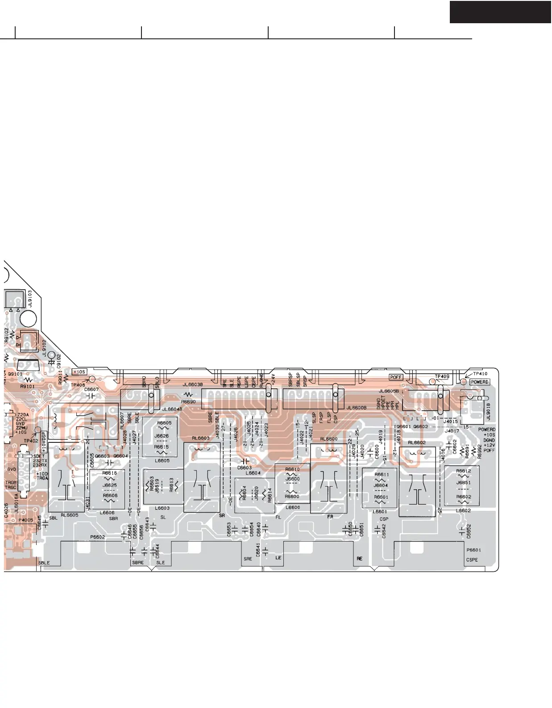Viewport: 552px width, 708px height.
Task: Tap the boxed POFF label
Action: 396,377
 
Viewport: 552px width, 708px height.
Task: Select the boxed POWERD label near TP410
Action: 480,382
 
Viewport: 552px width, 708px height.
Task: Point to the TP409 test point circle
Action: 432,382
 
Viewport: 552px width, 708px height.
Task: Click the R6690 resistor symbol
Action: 189,395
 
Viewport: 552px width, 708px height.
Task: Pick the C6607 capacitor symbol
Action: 91,396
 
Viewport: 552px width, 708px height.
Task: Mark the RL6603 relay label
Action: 200,438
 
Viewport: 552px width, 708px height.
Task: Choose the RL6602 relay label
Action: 416,443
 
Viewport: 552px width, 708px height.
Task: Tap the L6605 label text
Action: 162,461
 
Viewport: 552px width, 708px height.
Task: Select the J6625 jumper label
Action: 110,485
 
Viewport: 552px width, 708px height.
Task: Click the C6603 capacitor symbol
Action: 245,461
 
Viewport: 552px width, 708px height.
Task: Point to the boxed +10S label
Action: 79,372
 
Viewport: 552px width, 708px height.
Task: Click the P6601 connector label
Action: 473,550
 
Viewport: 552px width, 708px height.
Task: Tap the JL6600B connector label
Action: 357,408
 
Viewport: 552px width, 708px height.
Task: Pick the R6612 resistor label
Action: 464,471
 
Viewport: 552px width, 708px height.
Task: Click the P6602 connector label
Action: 97,537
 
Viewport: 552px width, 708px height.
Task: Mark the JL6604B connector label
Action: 172,409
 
